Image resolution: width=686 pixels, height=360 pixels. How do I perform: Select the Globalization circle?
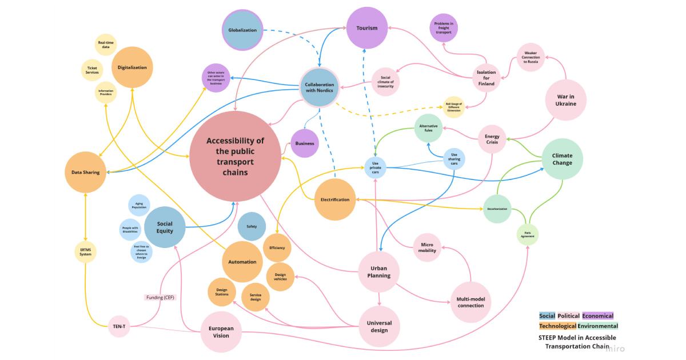242,30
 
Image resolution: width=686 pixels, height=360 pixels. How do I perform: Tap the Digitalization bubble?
132,67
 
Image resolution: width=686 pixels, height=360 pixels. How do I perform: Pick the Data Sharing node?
85,172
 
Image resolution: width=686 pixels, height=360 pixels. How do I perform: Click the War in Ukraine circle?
565,100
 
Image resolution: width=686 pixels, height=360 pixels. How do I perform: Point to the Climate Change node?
562,159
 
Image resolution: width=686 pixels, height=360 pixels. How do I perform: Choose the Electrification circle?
335,199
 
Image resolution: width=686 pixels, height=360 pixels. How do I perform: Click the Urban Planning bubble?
378,271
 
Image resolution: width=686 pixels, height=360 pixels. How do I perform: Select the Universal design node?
379,326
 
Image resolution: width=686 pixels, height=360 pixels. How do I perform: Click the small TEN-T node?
119,327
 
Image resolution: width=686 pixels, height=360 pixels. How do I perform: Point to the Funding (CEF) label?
160,297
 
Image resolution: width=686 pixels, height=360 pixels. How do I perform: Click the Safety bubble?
252,226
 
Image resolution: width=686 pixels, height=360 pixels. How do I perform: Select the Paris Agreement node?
528,234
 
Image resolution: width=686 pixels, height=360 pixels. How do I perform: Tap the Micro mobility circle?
428,247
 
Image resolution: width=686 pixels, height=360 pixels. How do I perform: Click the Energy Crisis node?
492,139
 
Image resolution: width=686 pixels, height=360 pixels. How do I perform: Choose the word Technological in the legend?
557,326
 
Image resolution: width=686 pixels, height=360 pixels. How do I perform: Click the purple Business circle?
305,143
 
